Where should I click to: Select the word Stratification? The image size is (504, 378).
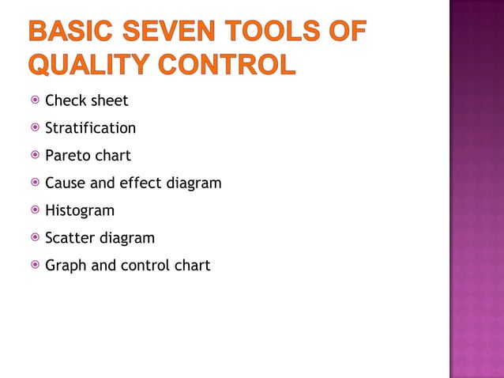(90, 128)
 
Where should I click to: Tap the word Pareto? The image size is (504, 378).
(68, 156)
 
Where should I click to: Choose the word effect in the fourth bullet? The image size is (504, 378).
(140, 183)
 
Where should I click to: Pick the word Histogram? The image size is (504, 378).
(79, 210)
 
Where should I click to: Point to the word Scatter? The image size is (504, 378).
(69, 238)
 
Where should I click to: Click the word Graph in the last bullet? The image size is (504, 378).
(66, 266)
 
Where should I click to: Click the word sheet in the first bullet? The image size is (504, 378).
(109, 101)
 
